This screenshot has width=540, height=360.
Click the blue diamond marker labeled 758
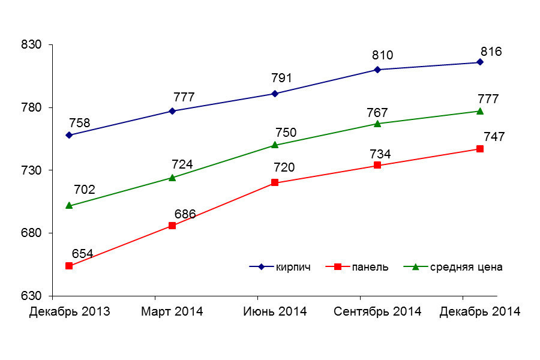click(69, 135)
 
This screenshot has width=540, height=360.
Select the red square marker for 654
click(69, 266)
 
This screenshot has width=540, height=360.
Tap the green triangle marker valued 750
click(275, 145)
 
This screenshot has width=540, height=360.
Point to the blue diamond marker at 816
click(480, 62)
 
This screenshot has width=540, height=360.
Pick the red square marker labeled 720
click(275, 182)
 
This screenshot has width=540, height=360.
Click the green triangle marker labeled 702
click(69, 205)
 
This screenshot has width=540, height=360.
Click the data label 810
click(382, 55)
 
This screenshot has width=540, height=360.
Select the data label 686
click(185, 214)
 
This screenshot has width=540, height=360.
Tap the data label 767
click(377, 113)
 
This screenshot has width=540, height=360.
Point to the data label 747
click(494, 137)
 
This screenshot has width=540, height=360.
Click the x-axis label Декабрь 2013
click(69, 311)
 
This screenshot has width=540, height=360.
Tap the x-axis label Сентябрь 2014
click(377, 311)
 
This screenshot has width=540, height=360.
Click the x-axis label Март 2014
click(172, 311)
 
